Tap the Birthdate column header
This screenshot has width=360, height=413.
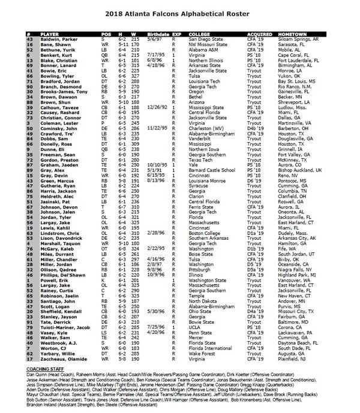[x=157, y=27]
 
